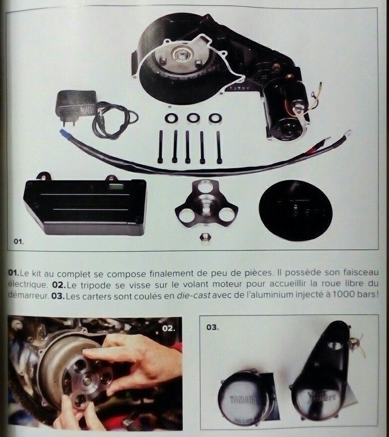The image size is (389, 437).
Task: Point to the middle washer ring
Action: point(193,118)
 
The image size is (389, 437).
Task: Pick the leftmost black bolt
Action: point(161,147)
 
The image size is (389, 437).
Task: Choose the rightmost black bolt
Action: point(219,147)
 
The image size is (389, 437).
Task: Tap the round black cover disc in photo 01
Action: point(295,210)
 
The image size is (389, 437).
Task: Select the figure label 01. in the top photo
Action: point(19,241)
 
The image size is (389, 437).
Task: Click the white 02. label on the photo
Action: point(169,328)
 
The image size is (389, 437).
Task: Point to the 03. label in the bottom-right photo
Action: point(212,327)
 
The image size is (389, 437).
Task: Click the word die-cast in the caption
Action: point(193,295)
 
